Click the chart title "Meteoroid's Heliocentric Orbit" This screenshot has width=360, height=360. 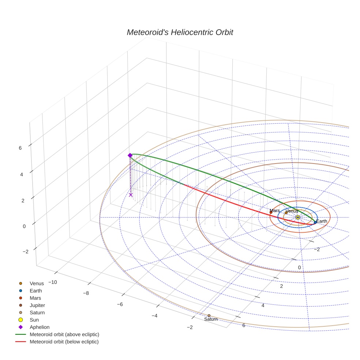(180, 32)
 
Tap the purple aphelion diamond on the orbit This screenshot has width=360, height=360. (130, 155)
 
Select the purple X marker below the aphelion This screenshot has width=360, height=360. (131, 195)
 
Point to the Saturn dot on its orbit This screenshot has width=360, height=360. (209, 315)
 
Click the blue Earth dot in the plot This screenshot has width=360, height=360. (315, 222)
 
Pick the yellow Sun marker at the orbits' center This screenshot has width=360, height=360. (297, 217)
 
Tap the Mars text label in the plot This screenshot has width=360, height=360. (274, 211)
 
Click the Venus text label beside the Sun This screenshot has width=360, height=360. (292, 211)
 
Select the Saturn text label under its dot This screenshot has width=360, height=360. (211, 319)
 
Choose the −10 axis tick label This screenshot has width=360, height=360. (53, 282)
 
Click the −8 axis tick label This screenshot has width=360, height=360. (86, 293)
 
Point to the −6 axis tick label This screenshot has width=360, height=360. (120, 304)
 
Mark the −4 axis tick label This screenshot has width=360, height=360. (154, 316)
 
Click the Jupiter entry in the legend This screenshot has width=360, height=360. (37, 305)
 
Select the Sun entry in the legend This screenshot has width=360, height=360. (34, 320)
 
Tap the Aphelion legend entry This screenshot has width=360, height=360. (40, 327)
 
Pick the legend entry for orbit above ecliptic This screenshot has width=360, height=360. (64, 334)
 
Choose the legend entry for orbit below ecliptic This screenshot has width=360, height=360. (64, 342)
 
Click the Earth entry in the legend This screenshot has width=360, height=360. (35, 290)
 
